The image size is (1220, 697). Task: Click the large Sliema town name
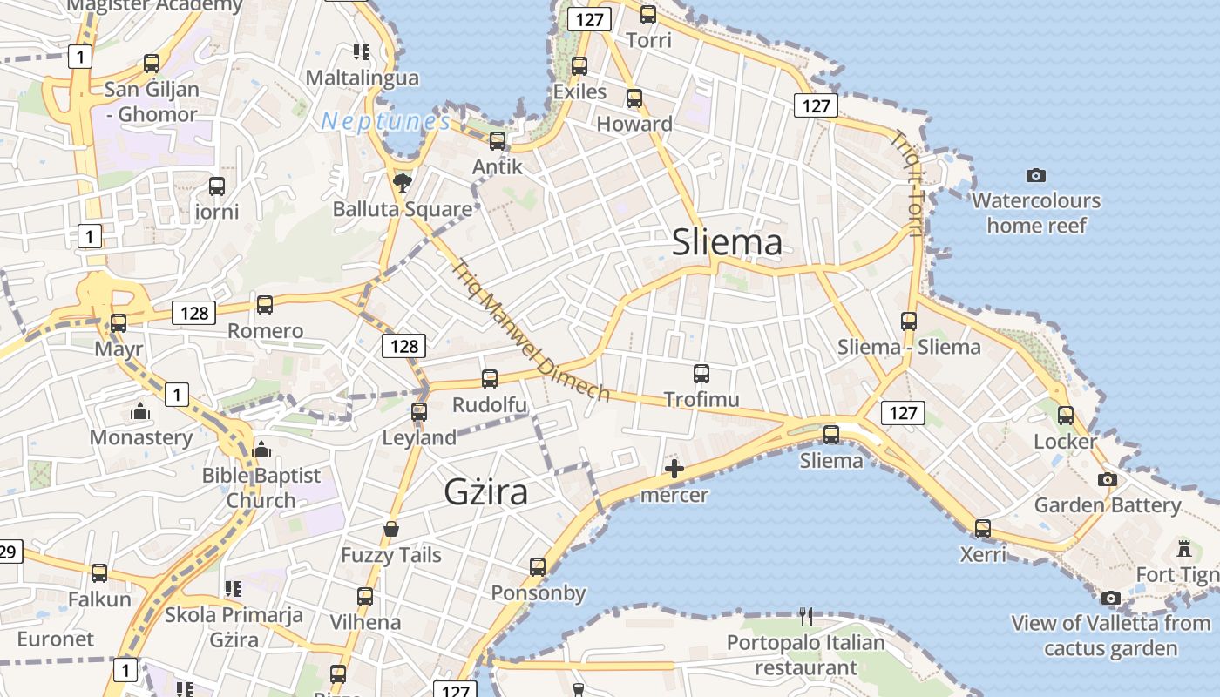point(727,243)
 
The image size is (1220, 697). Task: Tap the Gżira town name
point(486,492)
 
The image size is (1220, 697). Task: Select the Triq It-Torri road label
point(906,184)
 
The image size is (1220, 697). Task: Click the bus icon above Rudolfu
point(490,379)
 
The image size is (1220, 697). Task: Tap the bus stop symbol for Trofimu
point(701,374)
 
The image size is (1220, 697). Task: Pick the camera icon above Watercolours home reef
point(1035,175)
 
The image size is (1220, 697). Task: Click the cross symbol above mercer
point(674,470)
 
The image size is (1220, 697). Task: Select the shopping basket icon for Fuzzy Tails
point(391,529)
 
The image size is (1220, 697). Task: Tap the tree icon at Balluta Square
point(402,182)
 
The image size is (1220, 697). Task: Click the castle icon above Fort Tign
point(1183,549)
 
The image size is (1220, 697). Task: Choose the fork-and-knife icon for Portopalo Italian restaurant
point(806,617)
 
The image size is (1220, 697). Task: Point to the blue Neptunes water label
point(385,122)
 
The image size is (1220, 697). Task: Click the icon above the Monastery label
point(140,411)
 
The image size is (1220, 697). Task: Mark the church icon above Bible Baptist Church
point(261,450)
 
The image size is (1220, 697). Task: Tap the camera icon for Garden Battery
point(1107,479)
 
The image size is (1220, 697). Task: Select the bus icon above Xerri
point(983,528)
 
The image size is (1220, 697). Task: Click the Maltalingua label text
point(362,78)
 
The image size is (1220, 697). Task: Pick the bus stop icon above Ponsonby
point(538,567)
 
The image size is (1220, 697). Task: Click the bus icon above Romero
point(265,305)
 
